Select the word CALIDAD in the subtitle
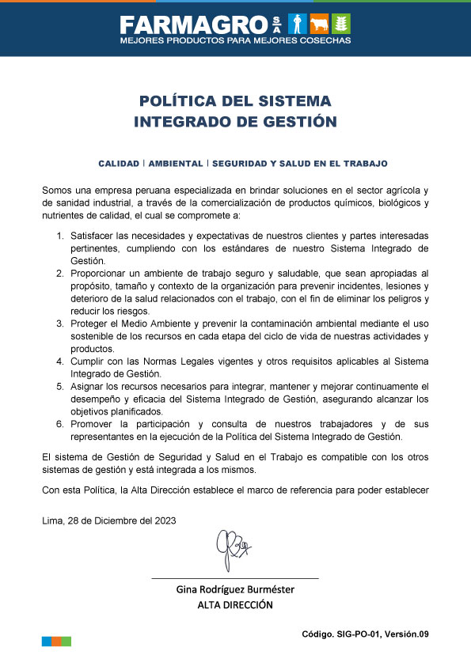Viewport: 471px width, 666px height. pos(119,164)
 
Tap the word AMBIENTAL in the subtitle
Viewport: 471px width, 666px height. pos(175,164)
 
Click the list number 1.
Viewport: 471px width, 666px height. pos(60,237)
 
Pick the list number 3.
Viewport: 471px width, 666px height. pos(60,324)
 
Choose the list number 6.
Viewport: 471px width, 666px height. pos(60,424)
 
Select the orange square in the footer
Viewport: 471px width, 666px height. pos(57,641)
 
